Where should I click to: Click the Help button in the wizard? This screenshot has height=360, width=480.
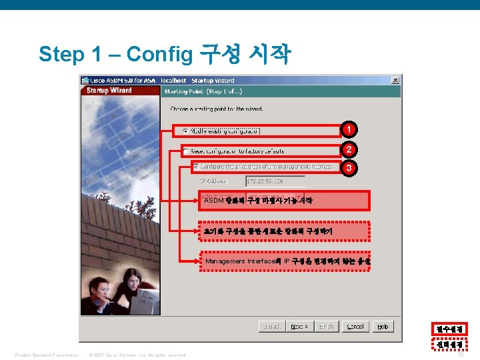point(383,327)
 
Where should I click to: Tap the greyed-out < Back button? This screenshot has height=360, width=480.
point(273,327)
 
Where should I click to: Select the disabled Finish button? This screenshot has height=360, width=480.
point(326,327)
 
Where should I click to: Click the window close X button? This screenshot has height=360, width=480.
point(395,80)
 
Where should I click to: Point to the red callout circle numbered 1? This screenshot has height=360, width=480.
point(349,129)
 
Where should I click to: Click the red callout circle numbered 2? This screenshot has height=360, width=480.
point(349,149)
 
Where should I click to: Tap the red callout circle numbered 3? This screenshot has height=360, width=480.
point(349,168)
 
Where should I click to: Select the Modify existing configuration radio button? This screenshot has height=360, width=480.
point(185,131)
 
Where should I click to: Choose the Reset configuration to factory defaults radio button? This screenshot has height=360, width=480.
point(186,151)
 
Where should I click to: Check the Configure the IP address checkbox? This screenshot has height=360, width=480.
point(195,167)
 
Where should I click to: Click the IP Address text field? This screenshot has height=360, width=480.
point(275,181)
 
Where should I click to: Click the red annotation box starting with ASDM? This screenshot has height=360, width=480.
point(284,201)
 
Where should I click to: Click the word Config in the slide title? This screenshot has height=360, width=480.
point(159,54)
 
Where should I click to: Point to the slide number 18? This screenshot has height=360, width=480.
point(461,355)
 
